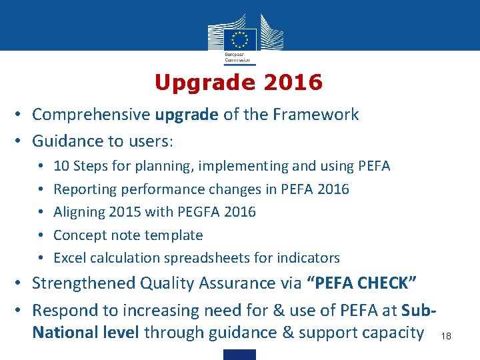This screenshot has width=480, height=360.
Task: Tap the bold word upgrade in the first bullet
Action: (187, 115)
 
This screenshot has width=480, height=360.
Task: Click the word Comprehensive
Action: (91, 115)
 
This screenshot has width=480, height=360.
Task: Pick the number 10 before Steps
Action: (61, 166)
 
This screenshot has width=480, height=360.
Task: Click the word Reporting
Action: (85, 189)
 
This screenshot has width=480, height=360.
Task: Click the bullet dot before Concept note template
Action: (41, 235)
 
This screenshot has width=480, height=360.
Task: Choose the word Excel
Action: (70, 258)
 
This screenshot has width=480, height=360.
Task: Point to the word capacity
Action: (393, 332)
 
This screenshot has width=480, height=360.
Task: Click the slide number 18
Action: (446, 337)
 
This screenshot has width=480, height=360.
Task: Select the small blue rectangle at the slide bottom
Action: (239, 354)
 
